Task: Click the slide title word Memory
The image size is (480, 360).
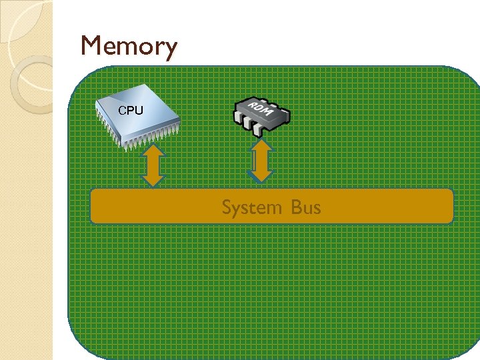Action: [129, 47]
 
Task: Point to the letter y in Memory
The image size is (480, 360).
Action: [170, 50]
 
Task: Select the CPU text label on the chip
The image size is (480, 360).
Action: [130, 110]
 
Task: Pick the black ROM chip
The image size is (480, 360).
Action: [261, 115]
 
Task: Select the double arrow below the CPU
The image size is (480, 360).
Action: [153, 165]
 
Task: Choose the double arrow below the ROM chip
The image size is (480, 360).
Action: [263, 160]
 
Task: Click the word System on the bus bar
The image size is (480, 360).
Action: [252, 207]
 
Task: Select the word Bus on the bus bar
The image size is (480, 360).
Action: [306, 207]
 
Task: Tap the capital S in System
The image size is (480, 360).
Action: [227, 207]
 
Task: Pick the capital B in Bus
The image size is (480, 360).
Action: [296, 207]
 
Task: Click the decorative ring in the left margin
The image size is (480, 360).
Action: [33, 83]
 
